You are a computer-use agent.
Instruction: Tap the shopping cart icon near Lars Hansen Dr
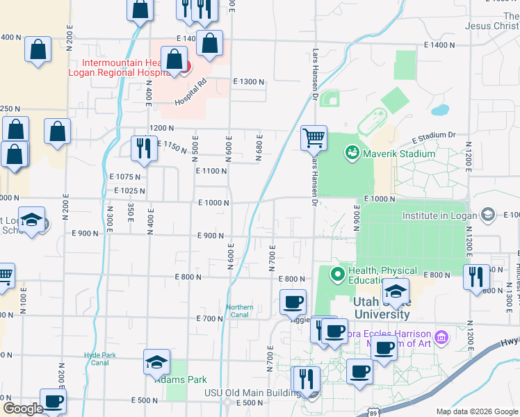[314, 137]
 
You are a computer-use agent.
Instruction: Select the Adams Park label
[171, 380]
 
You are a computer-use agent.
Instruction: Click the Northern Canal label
[240, 311]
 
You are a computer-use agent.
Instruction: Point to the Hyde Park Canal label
[97, 358]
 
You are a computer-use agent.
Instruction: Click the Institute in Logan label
[441, 215]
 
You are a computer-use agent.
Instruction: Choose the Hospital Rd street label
[191, 92]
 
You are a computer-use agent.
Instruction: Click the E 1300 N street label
[248, 82]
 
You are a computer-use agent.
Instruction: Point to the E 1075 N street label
[124, 177]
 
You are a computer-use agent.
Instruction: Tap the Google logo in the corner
[22, 409]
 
